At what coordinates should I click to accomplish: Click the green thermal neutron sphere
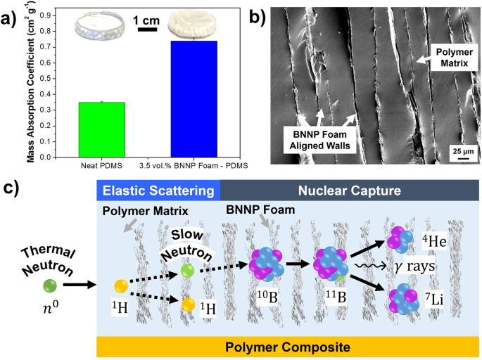pyautogui.click(x=49, y=285)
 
